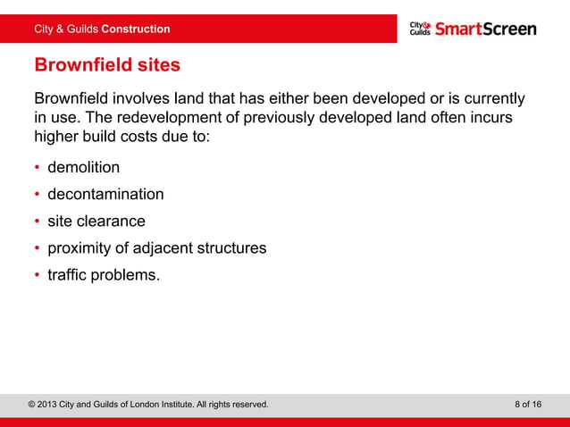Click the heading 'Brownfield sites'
pyautogui.click(x=107, y=65)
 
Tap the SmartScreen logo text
pyautogui.click(x=485, y=29)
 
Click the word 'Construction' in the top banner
pyautogui.click(x=136, y=29)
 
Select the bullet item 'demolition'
pyautogui.click(x=83, y=167)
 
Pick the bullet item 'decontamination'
pyautogui.click(x=105, y=194)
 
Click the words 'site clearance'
pyautogui.click(x=96, y=221)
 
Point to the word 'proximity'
pyautogui.click(x=79, y=247)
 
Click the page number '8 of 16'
pyautogui.click(x=528, y=405)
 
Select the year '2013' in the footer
pyautogui.click(x=52, y=405)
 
